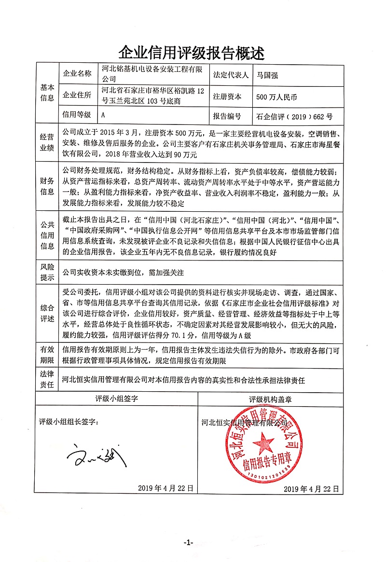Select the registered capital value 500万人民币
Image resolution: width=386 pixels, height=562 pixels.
tap(277, 97)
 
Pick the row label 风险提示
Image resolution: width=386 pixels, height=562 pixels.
tap(47, 273)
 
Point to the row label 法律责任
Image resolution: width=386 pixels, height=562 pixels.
tap(47, 380)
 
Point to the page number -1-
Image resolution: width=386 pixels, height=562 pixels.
tap(188, 543)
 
